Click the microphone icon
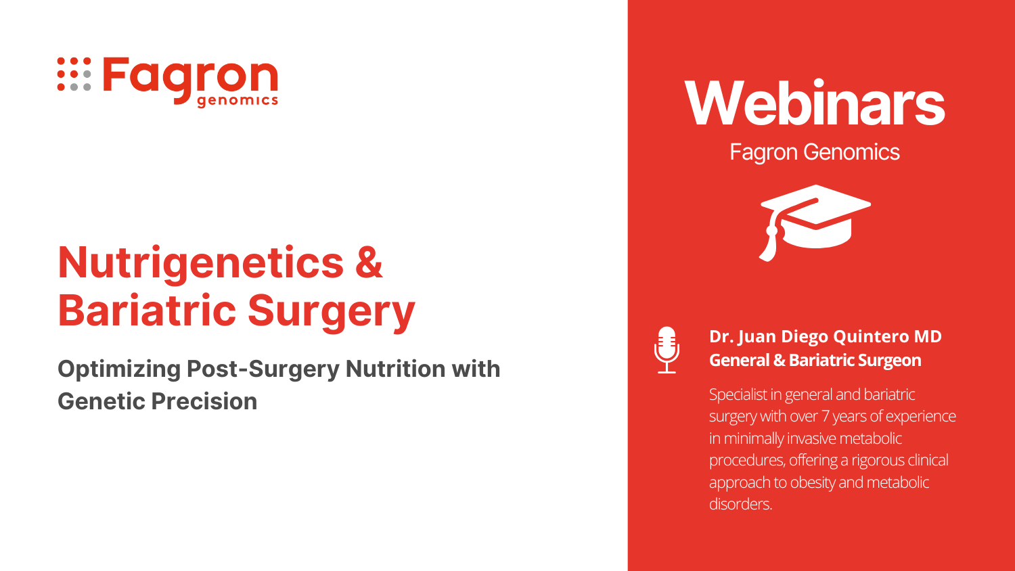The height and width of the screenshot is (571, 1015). tap(667, 350)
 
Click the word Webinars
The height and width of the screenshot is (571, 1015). tap(814, 103)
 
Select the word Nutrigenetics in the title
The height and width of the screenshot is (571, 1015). tap(201, 263)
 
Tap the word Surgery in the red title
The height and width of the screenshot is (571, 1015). tap(332, 313)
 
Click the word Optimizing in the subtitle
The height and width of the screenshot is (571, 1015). tap(119, 369)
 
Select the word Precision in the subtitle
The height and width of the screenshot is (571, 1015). tap(204, 401)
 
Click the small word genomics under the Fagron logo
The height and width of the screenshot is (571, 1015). tap(238, 101)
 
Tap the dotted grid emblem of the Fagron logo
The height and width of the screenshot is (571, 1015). tap(74, 74)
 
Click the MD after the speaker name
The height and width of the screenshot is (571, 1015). tap(928, 336)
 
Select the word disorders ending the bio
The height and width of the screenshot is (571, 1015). tap(740, 504)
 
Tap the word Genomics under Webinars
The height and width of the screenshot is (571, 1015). tap(851, 152)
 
